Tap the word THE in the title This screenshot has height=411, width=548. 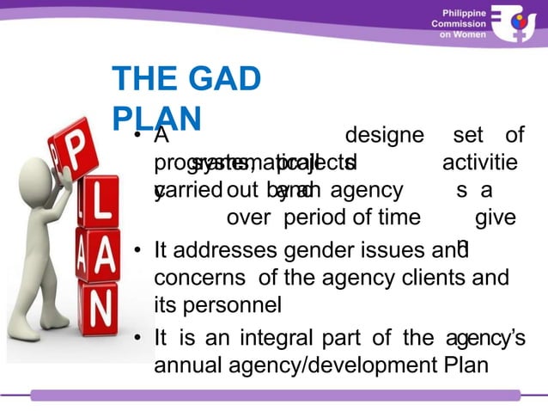[143, 80]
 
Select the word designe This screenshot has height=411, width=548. [384, 136]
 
